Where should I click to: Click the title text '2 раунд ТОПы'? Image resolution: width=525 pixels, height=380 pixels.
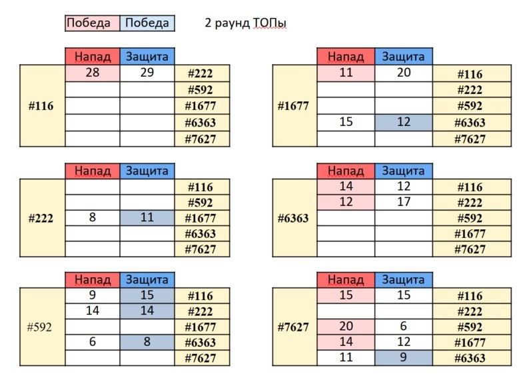point(245,23)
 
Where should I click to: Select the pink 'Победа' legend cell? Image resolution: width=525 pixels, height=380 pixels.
point(93,23)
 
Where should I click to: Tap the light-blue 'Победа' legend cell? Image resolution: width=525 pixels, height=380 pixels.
point(147,23)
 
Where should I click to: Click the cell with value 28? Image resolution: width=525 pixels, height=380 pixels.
point(93,73)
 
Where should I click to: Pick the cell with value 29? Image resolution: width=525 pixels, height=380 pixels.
point(147,73)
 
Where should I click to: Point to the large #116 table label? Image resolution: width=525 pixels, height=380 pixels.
point(41,106)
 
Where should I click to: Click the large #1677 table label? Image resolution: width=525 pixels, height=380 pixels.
point(294,106)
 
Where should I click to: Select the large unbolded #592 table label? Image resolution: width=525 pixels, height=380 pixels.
point(40,327)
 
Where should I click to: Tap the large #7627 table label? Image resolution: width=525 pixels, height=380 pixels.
point(294,327)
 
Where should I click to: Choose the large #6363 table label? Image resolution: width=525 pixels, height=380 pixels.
point(294,218)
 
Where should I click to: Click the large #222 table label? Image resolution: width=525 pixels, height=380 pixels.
point(41,218)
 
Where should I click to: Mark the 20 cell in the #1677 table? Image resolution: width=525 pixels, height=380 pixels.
point(404,73)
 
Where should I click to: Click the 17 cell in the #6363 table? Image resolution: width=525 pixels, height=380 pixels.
point(404,202)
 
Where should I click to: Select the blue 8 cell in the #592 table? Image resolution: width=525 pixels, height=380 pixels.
point(147,342)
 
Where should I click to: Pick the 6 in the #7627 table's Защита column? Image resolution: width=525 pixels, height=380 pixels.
point(404,326)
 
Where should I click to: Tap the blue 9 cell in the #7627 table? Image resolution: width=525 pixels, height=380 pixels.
point(404,357)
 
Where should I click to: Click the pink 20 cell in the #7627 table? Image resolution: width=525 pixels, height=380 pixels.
point(346,326)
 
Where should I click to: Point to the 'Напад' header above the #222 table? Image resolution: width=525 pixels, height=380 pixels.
point(93,171)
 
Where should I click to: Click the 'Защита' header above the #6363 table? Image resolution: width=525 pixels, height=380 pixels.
point(404,171)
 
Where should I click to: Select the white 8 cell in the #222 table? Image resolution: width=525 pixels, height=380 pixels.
point(93,217)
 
